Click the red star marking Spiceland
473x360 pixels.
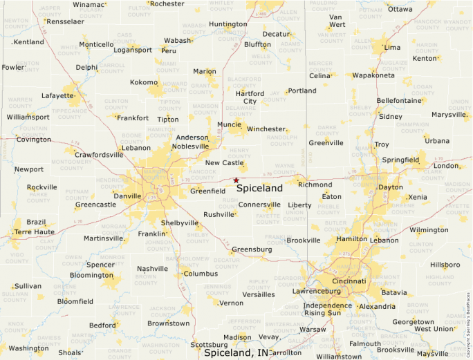[236, 180]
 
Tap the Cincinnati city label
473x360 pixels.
[349, 282]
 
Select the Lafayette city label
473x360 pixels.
[57, 96]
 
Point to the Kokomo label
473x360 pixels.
[144, 82]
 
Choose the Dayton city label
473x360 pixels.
[391, 187]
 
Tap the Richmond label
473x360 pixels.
[315, 184]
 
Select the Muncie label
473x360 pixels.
[229, 125]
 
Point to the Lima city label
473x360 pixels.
[392, 47]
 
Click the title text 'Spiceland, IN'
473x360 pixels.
[236, 352]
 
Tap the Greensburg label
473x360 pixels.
[252, 249]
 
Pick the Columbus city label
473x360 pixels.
[201, 274]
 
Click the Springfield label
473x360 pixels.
[400, 160]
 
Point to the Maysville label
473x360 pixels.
[432, 354]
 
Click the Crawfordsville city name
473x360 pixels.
[99, 155]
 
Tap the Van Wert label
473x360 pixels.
[337, 21]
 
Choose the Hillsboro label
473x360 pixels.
[445, 265]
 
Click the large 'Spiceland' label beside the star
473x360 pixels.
[259, 188]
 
